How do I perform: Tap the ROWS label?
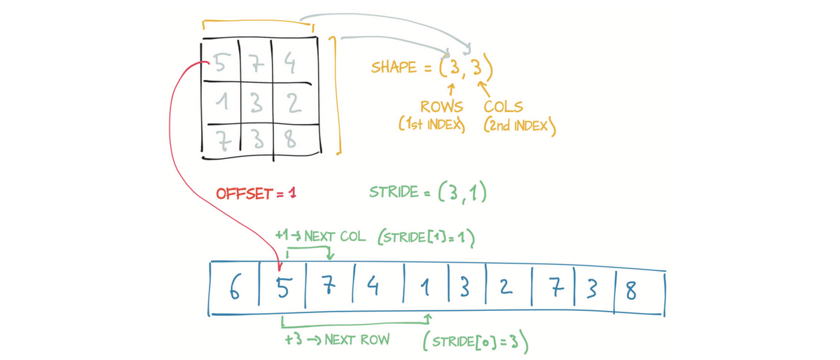(x=441, y=107)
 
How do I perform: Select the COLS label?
(x=504, y=107)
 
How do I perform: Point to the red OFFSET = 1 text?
(x=256, y=193)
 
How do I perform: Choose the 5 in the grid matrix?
(x=219, y=64)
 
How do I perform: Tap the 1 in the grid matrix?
(x=221, y=103)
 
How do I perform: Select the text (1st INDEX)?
(x=432, y=126)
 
